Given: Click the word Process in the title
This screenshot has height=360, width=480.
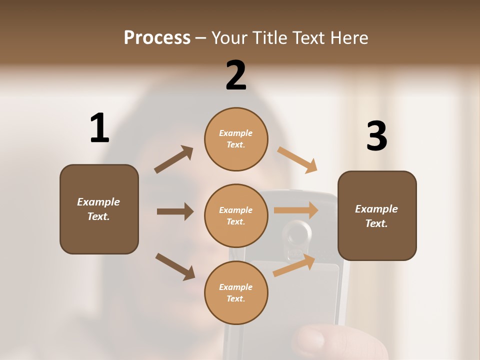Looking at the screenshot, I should pyautogui.click(x=157, y=38).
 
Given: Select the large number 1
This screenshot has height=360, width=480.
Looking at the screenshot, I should pyautogui.click(x=99, y=128).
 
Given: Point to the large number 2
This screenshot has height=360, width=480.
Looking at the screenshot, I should pyautogui.click(x=236, y=75).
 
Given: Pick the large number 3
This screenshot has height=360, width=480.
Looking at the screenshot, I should pyautogui.click(x=376, y=136).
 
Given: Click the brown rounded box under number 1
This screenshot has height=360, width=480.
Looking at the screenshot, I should pyautogui.click(x=99, y=209).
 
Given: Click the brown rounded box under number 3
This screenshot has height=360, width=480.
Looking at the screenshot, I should pyautogui.click(x=377, y=215).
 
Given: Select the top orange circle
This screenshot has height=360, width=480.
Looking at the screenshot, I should pyautogui.click(x=236, y=139).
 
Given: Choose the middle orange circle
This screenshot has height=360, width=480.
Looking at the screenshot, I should pyautogui.click(x=236, y=215).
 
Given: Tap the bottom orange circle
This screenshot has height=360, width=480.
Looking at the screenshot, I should pyautogui.click(x=236, y=292).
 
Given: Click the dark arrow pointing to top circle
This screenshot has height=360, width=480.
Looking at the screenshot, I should pyautogui.click(x=174, y=159).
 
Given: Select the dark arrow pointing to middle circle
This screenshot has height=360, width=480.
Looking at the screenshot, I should pyautogui.click(x=175, y=211).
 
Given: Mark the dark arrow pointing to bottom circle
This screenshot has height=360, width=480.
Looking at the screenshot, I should pyautogui.click(x=175, y=266).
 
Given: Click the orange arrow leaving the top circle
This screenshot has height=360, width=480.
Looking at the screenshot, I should pyautogui.click(x=297, y=160).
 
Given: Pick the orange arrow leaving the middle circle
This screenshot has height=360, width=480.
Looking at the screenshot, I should pyautogui.click(x=296, y=210).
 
